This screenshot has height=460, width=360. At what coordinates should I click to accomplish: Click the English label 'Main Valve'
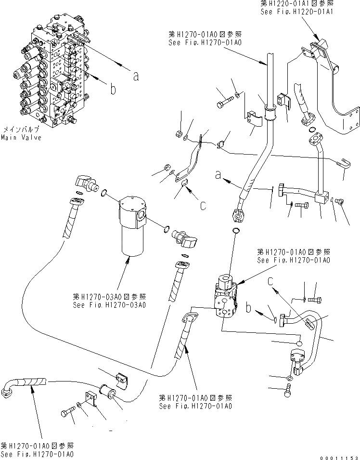(21, 138)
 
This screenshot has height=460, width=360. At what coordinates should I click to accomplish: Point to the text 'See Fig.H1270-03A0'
(109, 304)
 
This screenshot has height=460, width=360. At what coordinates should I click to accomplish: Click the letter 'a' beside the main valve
(136, 75)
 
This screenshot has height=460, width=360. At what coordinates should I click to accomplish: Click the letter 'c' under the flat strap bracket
(203, 205)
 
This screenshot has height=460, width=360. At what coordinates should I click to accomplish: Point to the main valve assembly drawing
(53, 72)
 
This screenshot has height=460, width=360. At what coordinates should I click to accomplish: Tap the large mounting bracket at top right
(332, 87)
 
